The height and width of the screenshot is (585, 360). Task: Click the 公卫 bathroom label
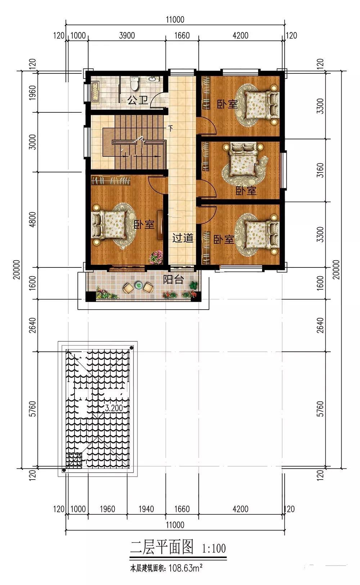coord(138,100)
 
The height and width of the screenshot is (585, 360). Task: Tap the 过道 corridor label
coord(183,238)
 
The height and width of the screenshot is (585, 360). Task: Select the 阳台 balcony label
coord(174,280)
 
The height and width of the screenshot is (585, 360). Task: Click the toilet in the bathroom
coord(134,83)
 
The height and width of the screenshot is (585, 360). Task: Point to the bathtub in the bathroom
coord(95,92)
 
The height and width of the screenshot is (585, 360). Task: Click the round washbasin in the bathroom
coord(152,78)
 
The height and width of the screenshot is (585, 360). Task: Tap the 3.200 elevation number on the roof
coord(114,408)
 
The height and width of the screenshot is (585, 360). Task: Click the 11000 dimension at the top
coord(175,19)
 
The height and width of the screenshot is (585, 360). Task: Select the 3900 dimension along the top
coord(127,36)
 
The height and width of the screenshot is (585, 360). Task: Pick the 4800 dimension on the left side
coord(32,219)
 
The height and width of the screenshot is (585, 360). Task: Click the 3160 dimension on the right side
coord(320,170)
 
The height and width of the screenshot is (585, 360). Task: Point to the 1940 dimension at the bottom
coord(146,509)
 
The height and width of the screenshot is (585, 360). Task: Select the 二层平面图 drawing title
coord(162,547)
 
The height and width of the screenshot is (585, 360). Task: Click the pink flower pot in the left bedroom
coord(156,257)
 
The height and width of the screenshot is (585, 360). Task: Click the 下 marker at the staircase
coord(170,128)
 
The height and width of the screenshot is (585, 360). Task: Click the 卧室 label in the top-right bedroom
coord(227,104)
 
